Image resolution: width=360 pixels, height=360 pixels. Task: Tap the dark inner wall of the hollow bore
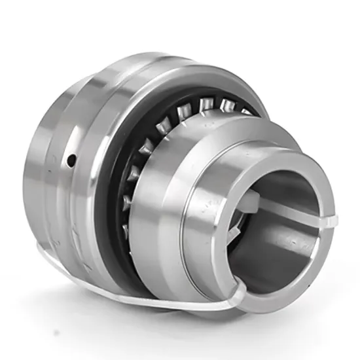point(275,249)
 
